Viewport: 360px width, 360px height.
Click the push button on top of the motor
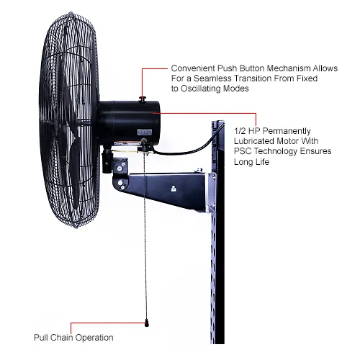pos(143,99)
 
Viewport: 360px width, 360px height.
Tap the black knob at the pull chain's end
pos(147,323)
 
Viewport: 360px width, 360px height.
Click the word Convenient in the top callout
pos(193,68)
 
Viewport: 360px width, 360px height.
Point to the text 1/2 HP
pos(247,131)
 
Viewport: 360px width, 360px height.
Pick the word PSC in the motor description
pos(243,151)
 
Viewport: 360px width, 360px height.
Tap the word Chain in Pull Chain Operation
pos(62,338)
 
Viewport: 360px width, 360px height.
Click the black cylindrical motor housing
pos(129,123)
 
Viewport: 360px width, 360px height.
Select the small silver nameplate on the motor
pos(145,132)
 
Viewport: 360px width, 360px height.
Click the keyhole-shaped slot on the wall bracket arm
pos(174,189)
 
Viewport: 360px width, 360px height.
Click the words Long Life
pos(251,162)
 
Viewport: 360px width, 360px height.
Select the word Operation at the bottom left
pos(94,338)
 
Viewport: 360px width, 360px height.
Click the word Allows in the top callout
pos(325,68)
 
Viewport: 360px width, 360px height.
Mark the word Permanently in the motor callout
pos(287,131)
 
